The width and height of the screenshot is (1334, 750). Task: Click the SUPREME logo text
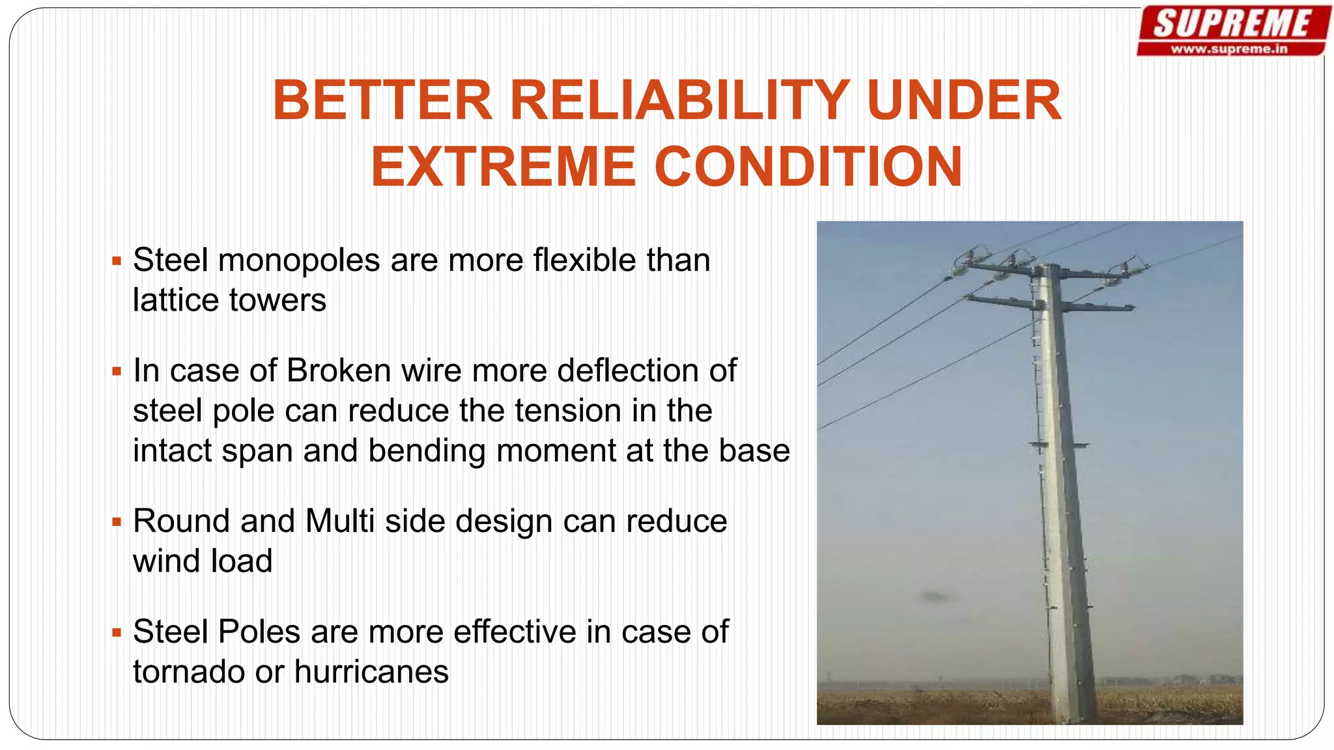tap(1232, 24)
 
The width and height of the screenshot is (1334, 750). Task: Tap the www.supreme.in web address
tap(1229, 49)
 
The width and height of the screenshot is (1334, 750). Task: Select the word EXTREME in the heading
tap(503, 167)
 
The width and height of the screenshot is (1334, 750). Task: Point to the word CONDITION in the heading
tap(808, 167)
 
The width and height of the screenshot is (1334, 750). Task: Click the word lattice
tap(175, 300)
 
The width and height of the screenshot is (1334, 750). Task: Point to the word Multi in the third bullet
tap(339, 521)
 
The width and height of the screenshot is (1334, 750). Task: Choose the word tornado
tap(189, 671)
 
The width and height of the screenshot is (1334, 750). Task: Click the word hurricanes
tap(371, 671)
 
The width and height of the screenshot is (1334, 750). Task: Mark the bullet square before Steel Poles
tap(117, 632)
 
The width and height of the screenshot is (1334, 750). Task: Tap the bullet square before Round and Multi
tap(117, 521)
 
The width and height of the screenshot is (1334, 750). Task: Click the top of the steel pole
tap(1049, 268)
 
